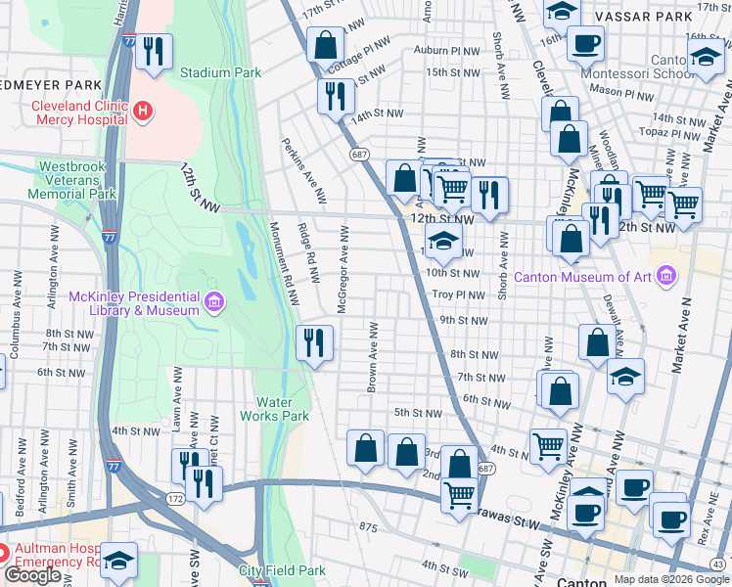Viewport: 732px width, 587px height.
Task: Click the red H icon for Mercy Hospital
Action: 144,112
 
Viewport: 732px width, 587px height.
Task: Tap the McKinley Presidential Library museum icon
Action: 213,304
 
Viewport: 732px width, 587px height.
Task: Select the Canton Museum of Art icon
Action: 667,275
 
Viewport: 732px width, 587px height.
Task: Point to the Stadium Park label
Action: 220,72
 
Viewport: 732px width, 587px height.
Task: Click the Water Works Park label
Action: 282,409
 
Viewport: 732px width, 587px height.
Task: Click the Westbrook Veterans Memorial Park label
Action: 76,180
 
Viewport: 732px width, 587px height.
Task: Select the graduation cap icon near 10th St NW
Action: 443,244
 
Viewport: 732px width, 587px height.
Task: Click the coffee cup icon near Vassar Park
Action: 585,43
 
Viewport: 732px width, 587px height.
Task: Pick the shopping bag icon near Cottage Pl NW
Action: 325,44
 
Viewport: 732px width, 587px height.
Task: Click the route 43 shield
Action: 719,564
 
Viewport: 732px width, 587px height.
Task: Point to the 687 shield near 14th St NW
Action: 359,155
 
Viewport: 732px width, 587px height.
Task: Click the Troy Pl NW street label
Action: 458,294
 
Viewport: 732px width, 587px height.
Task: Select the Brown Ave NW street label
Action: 374,357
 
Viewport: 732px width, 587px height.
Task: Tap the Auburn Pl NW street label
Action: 447,50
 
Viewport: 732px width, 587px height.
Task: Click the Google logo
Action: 33,575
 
